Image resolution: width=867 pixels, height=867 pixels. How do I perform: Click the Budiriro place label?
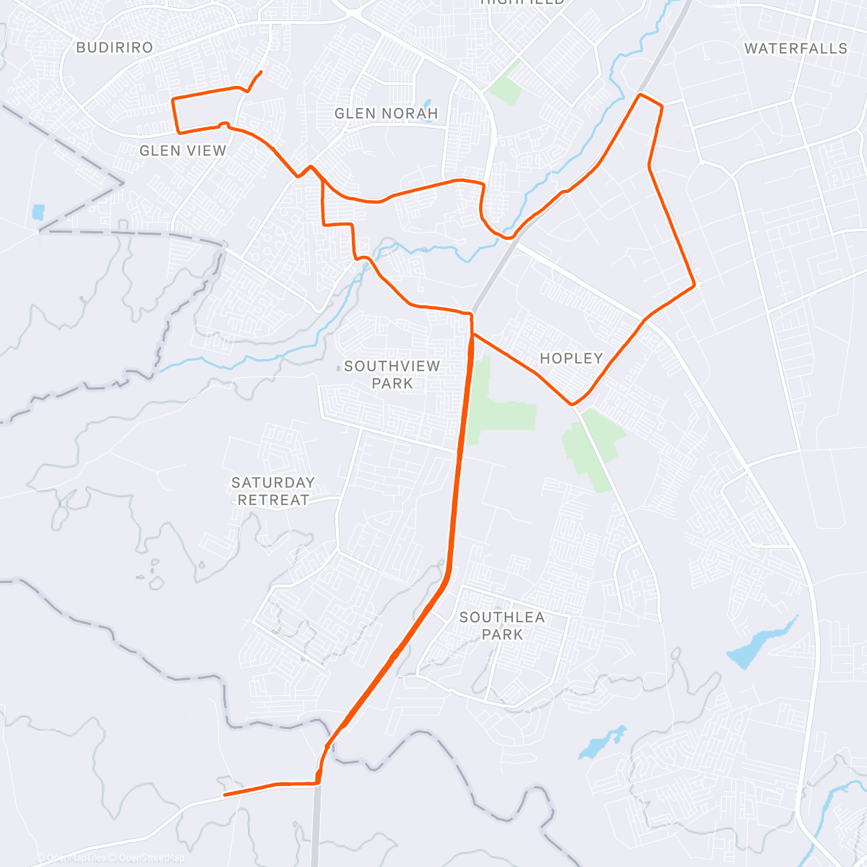[x=114, y=48]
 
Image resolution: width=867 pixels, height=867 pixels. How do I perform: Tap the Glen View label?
[x=183, y=150]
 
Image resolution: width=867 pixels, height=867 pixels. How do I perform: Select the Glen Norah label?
[x=386, y=113]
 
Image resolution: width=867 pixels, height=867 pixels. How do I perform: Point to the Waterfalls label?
[x=795, y=48]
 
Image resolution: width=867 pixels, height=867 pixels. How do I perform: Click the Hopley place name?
[x=571, y=358]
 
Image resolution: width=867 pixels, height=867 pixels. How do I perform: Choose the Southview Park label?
[x=392, y=374]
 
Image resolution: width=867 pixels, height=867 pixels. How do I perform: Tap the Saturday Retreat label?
[x=273, y=491]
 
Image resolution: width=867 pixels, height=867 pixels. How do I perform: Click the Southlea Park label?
[x=502, y=626]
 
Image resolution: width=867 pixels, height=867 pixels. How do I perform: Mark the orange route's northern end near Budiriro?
[x=260, y=72]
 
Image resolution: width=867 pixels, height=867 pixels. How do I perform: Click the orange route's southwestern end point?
[x=225, y=795]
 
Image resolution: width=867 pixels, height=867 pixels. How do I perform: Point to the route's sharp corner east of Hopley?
[x=695, y=285]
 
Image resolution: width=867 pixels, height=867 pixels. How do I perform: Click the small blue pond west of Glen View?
[x=38, y=212]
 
